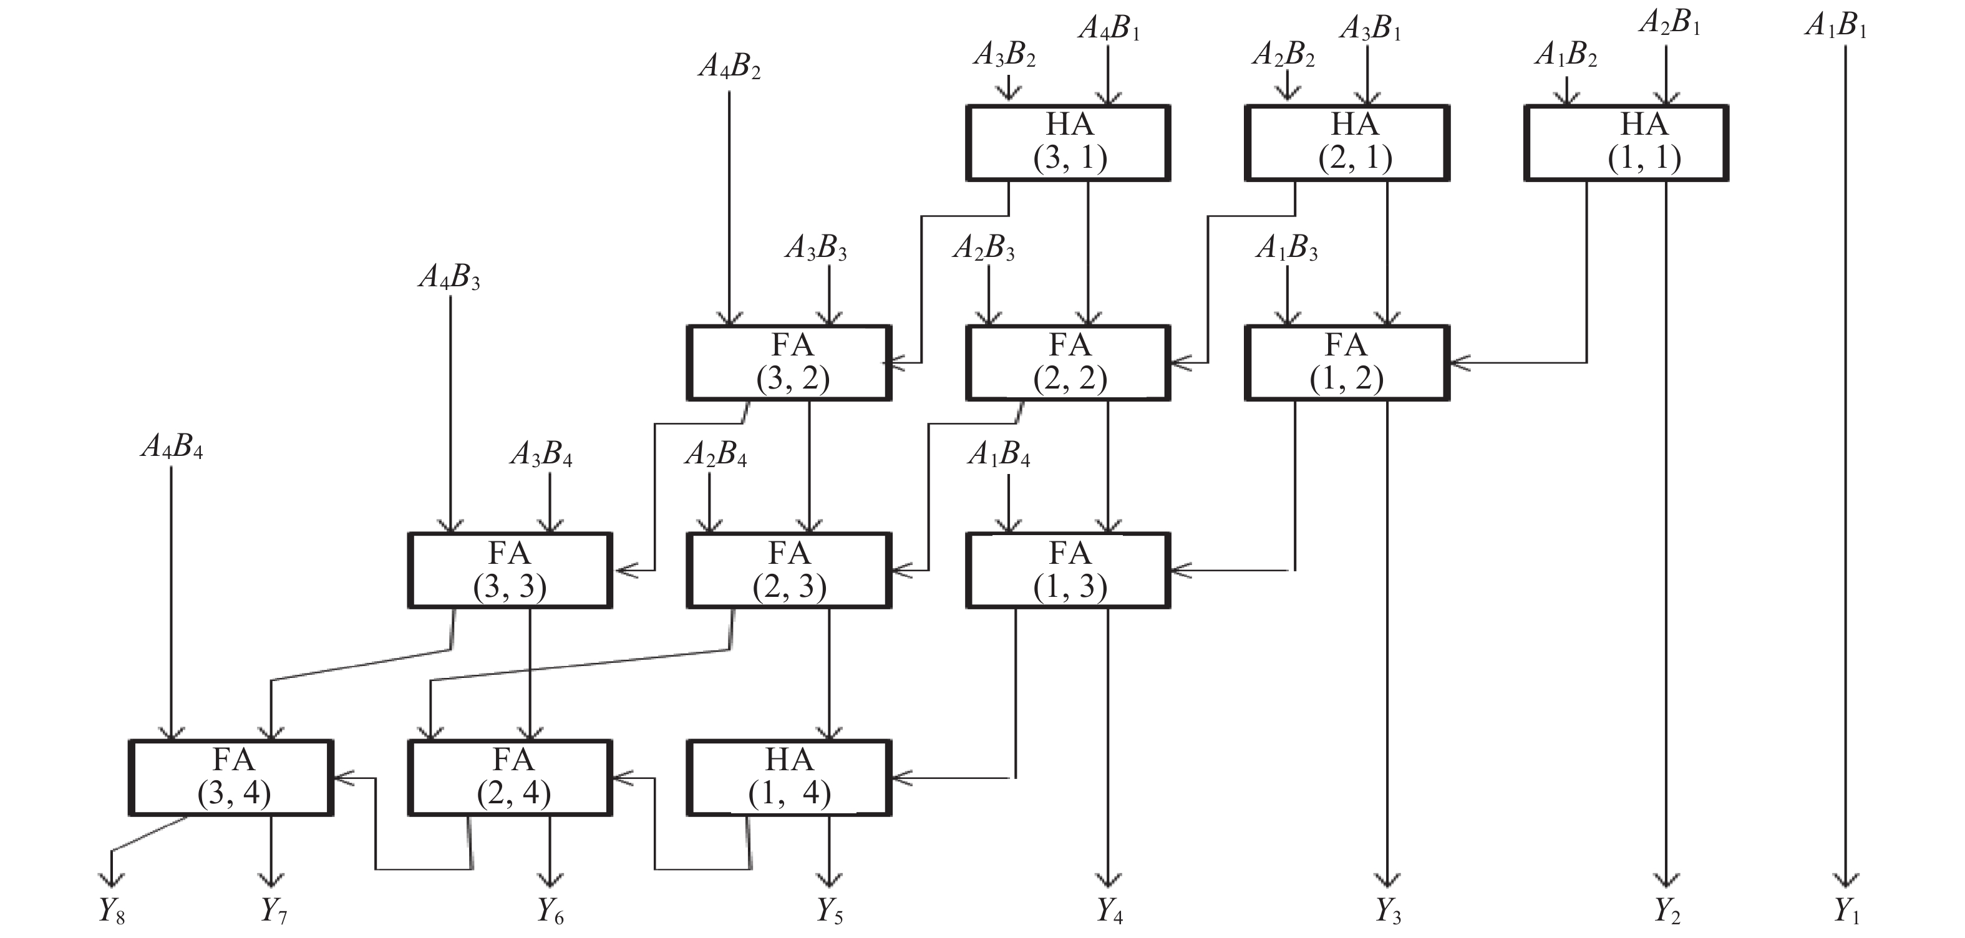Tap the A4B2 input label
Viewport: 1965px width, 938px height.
click(x=729, y=67)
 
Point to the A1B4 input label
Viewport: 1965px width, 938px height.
click(x=999, y=455)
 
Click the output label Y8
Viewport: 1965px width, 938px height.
click(x=112, y=911)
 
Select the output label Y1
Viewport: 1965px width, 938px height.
click(x=1846, y=911)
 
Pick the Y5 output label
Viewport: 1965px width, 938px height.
click(x=830, y=911)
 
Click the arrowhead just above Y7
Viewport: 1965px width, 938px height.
click(x=271, y=879)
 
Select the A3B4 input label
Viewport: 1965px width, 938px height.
click(x=541, y=455)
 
